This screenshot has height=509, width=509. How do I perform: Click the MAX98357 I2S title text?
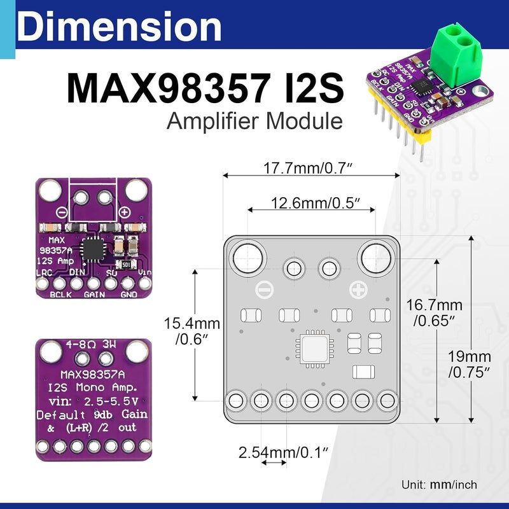(206, 88)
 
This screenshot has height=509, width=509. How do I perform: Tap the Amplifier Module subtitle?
(254, 120)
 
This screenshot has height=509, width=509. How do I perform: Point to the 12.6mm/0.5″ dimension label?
(312, 204)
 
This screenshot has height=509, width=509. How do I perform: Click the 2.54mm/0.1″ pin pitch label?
(283, 452)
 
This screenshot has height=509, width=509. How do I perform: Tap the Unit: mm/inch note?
(439, 485)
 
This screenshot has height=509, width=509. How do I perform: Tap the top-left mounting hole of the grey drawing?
(246, 257)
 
